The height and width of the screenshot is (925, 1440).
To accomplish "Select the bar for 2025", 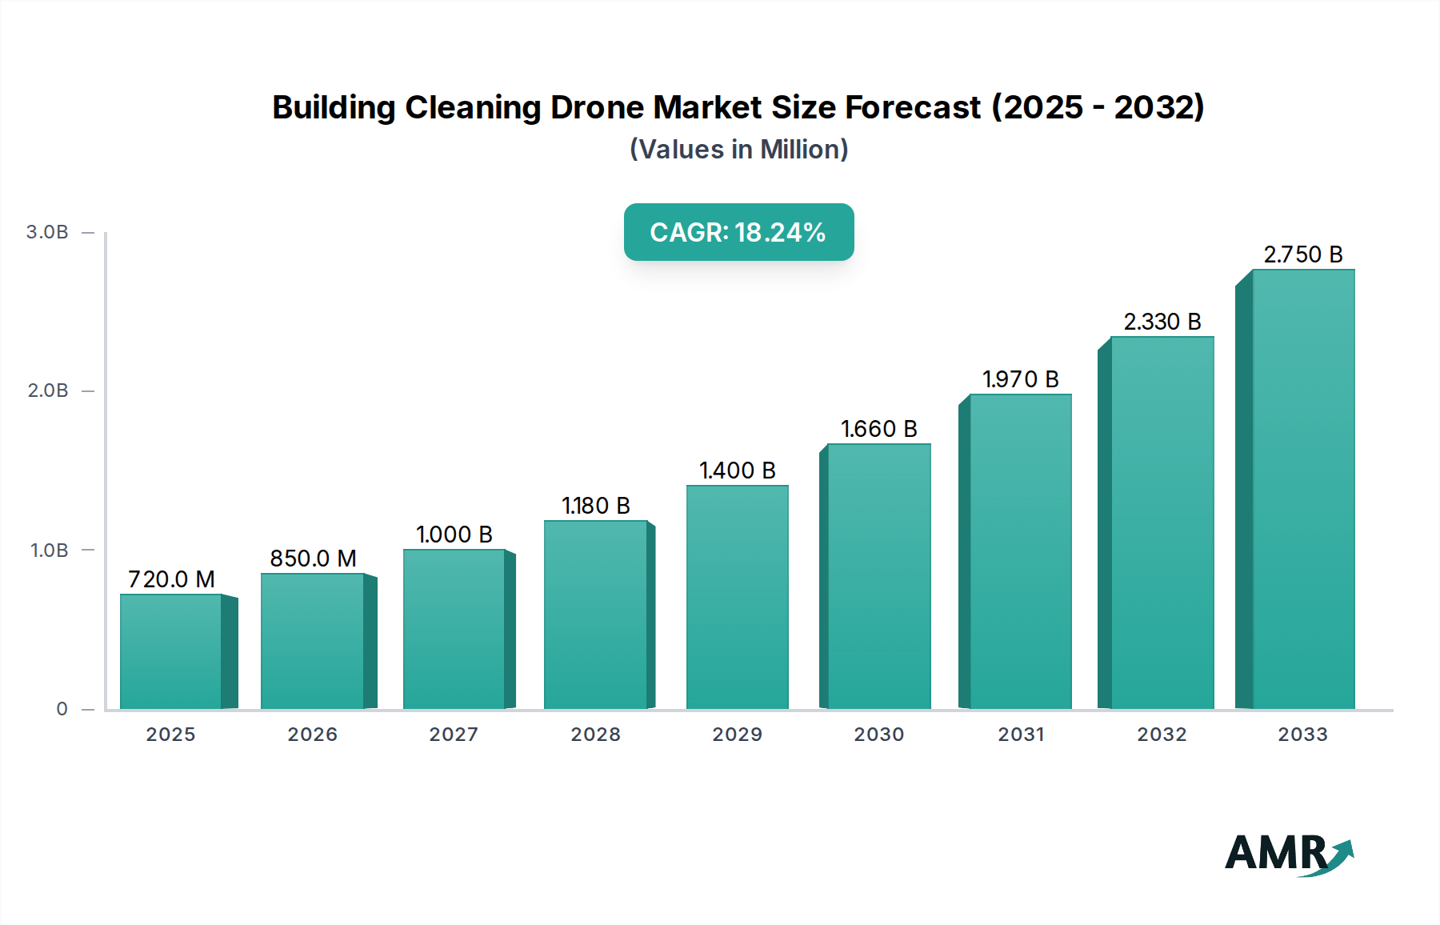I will (x=170, y=651).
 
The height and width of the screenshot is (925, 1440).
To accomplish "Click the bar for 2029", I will (x=737, y=597).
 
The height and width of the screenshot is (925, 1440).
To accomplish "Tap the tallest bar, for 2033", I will (x=1303, y=489).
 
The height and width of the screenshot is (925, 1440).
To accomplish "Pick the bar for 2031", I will (x=1020, y=551).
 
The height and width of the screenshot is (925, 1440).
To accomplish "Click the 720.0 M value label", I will (x=171, y=579).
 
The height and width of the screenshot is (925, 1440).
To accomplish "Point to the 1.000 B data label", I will (x=454, y=535).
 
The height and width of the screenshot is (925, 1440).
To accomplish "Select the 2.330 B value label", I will (x=1162, y=322).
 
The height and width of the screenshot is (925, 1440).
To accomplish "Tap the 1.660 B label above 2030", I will (x=878, y=429).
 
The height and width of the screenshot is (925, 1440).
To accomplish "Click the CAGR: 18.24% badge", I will (x=738, y=232).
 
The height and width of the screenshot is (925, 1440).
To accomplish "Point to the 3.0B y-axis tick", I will (x=47, y=232).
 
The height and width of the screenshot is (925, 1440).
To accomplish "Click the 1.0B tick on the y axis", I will (x=49, y=551).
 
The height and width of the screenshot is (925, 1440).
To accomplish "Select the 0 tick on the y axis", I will (x=62, y=709).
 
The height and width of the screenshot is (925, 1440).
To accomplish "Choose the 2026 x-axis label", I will (x=312, y=735).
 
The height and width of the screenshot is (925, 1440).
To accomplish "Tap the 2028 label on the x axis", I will (x=595, y=735).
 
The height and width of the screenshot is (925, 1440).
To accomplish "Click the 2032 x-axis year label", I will (x=1162, y=735).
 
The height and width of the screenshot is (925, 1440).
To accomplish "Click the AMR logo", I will (x=1288, y=855).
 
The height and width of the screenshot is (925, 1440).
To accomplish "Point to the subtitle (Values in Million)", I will (x=738, y=150).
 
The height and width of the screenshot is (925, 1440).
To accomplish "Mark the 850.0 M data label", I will (x=313, y=559).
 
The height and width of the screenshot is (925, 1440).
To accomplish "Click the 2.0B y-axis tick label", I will (x=47, y=390).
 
